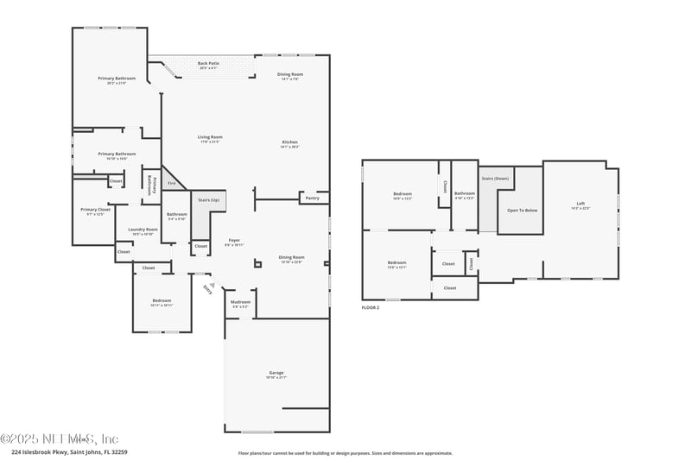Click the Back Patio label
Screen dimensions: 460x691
207,63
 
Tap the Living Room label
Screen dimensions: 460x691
210,137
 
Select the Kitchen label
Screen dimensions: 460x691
289,142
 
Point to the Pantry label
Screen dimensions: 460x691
312,198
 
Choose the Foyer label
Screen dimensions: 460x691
233,240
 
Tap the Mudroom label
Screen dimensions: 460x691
241,302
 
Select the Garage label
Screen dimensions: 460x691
276,374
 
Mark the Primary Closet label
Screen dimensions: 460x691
95,210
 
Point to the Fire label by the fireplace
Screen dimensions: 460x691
171,183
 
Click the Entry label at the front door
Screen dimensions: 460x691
206,289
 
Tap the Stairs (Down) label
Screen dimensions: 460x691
495,178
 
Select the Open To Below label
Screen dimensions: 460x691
523,210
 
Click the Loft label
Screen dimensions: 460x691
580,204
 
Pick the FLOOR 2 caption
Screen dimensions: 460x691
371,307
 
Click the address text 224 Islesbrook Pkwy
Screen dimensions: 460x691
55,451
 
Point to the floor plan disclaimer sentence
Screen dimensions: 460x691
345,452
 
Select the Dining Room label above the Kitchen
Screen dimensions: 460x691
290,75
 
